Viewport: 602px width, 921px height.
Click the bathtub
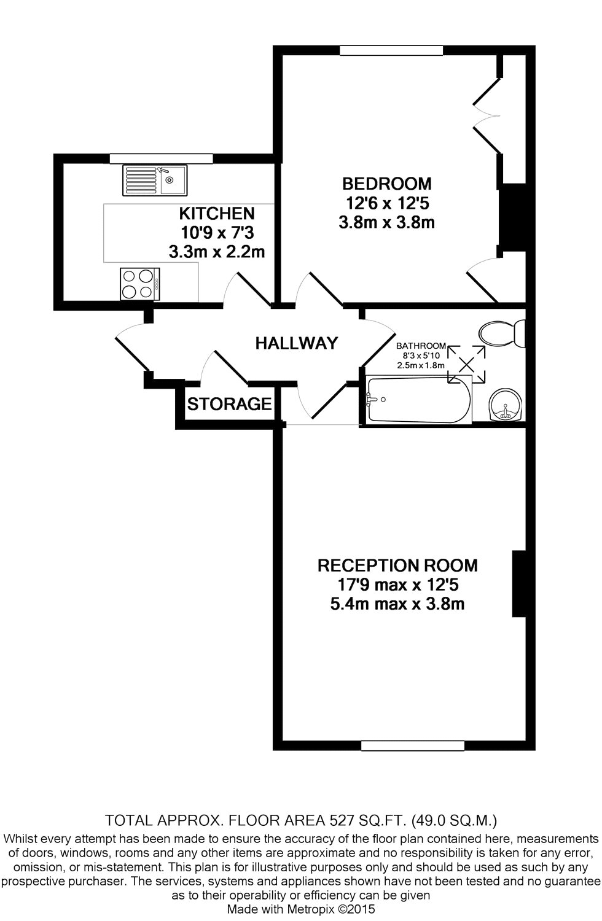click(418, 400)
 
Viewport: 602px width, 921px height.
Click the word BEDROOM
click(386, 184)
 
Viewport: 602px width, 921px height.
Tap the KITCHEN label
click(216, 214)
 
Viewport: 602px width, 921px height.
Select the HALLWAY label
click(297, 343)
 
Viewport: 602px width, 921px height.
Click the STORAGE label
click(229, 404)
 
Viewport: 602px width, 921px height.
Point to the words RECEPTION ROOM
click(397, 565)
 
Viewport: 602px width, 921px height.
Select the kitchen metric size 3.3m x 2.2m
click(216, 252)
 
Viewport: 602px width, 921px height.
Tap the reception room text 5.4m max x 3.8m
click(397, 604)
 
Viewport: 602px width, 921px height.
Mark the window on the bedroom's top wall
click(392, 50)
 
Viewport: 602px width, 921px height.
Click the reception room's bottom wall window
click(412, 745)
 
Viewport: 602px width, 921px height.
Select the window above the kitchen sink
click(161, 158)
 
